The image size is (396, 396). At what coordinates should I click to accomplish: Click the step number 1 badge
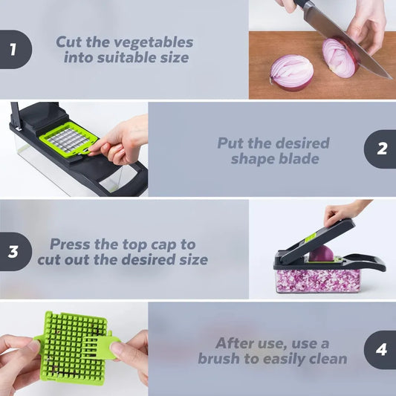tap(13, 50)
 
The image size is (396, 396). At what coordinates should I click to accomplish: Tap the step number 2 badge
tap(381, 148)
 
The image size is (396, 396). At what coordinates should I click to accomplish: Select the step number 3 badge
tap(13, 251)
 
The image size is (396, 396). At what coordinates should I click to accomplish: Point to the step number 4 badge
tap(381, 349)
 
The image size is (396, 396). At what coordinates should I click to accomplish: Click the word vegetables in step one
tap(156, 42)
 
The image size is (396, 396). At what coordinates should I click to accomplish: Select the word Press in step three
tap(70, 244)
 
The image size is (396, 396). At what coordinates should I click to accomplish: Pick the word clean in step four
tap(324, 359)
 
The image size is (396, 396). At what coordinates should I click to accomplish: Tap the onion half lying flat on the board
tap(291, 72)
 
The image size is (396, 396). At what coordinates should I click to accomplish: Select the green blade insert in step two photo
tap(68, 139)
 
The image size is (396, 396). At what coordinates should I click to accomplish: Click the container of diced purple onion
tap(317, 279)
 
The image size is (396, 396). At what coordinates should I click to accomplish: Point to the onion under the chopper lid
tap(321, 253)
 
